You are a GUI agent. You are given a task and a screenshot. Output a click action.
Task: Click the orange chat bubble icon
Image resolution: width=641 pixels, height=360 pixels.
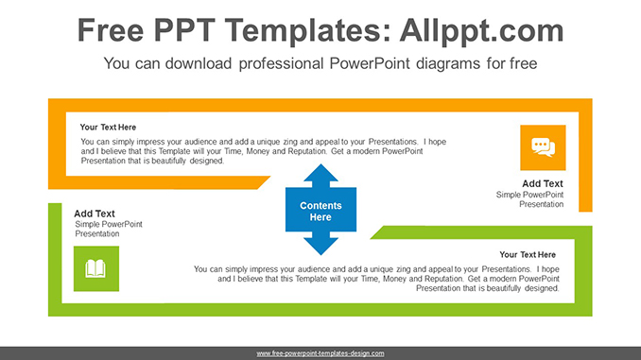543,147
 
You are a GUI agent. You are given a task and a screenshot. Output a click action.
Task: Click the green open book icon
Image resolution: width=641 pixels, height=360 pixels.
95,269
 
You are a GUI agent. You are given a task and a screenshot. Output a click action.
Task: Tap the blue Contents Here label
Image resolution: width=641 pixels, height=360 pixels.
320,211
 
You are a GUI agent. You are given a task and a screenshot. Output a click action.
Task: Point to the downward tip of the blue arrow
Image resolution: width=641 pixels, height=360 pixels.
320,252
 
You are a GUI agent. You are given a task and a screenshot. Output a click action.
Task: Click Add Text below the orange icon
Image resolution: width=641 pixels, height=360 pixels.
543,184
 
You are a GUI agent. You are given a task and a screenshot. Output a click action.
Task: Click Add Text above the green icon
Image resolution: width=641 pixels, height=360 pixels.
95,214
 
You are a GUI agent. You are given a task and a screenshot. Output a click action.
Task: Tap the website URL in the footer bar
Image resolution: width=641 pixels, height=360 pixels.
320,353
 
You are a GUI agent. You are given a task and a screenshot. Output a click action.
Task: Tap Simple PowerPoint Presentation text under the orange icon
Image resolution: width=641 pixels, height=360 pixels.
529,199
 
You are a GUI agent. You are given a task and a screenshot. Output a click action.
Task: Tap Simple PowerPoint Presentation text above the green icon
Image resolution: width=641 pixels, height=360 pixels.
109,229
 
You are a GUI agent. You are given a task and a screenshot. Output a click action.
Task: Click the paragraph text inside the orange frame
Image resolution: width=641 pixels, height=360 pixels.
263,151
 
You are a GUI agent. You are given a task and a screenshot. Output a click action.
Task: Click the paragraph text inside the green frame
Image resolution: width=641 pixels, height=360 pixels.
376,279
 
